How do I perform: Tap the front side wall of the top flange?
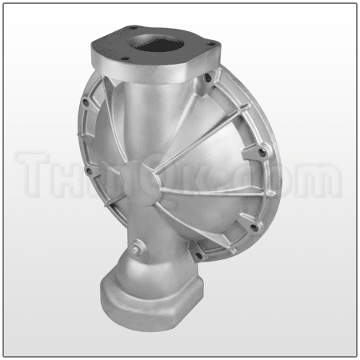pos(144,67)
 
